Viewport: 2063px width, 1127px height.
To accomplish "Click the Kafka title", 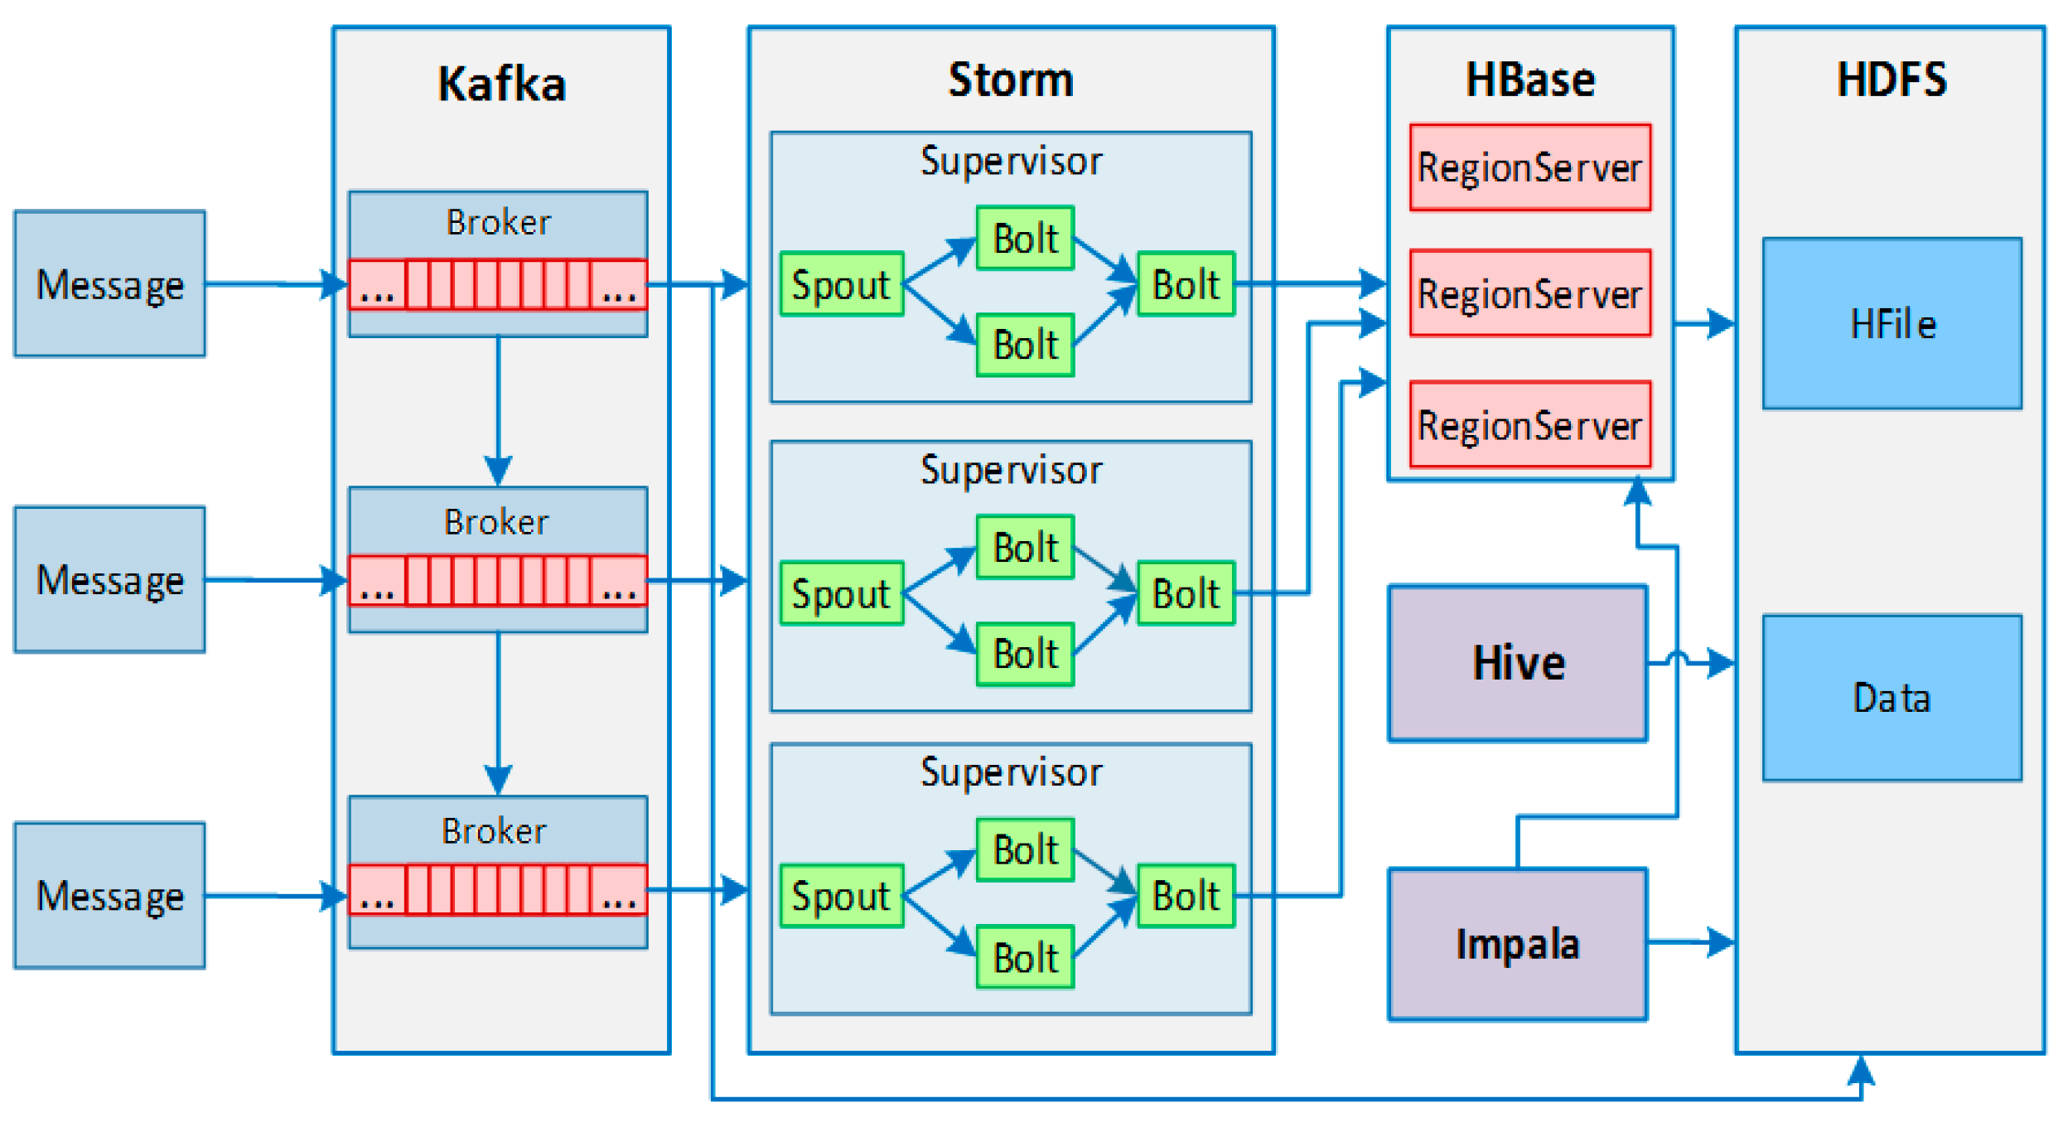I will pyautogui.click(x=501, y=85).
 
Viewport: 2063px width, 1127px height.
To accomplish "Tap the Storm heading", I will pyautogui.click(x=1011, y=80).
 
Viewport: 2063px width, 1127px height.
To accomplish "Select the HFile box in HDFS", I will pyautogui.click(x=1892, y=324).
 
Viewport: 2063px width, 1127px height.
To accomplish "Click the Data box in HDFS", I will pyautogui.click(x=1892, y=698).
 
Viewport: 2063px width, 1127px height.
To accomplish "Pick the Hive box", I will pyautogui.click(x=1518, y=664).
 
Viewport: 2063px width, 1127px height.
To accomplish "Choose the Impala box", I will pyautogui.click(x=1518, y=945).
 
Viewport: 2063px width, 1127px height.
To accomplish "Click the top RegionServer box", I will pyautogui.click(x=1530, y=168).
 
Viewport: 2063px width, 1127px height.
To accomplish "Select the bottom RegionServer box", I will pyautogui.click(x=1530, y=426).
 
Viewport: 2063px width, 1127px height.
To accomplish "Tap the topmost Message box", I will pyautogui.click(x=109, y=284).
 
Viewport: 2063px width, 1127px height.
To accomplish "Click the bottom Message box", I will pyautogui.click(x=109, y=896).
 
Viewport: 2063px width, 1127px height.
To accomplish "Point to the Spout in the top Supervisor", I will pyautogui.click(x=842, y=284).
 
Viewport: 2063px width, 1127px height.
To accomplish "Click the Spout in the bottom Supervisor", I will pyautogui.click(x=842, y=896).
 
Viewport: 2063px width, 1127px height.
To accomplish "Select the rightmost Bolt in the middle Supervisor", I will pyautogui.click(x=1186, y=593).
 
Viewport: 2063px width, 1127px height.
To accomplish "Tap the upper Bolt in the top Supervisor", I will pyautogui.click(x=1025, y=239).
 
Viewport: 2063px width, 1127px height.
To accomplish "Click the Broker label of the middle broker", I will pyautogui.click(x=497, y=522).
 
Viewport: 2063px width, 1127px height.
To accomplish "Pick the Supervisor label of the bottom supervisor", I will pyautogui.click(x=1011, y=772).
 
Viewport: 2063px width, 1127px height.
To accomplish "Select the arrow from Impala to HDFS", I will pyautogui.click(x=1690, y=942).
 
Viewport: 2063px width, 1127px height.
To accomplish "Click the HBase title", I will pyautogui.click(x=1530, y=80).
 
